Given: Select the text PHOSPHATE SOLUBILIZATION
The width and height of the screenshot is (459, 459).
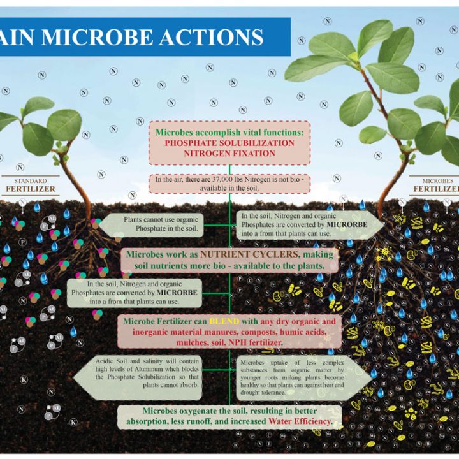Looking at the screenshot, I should coord(229,143).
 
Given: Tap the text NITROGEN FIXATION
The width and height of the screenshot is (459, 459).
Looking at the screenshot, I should coord(229,154).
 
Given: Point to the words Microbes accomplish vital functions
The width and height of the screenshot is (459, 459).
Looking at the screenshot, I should coord(229,132).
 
